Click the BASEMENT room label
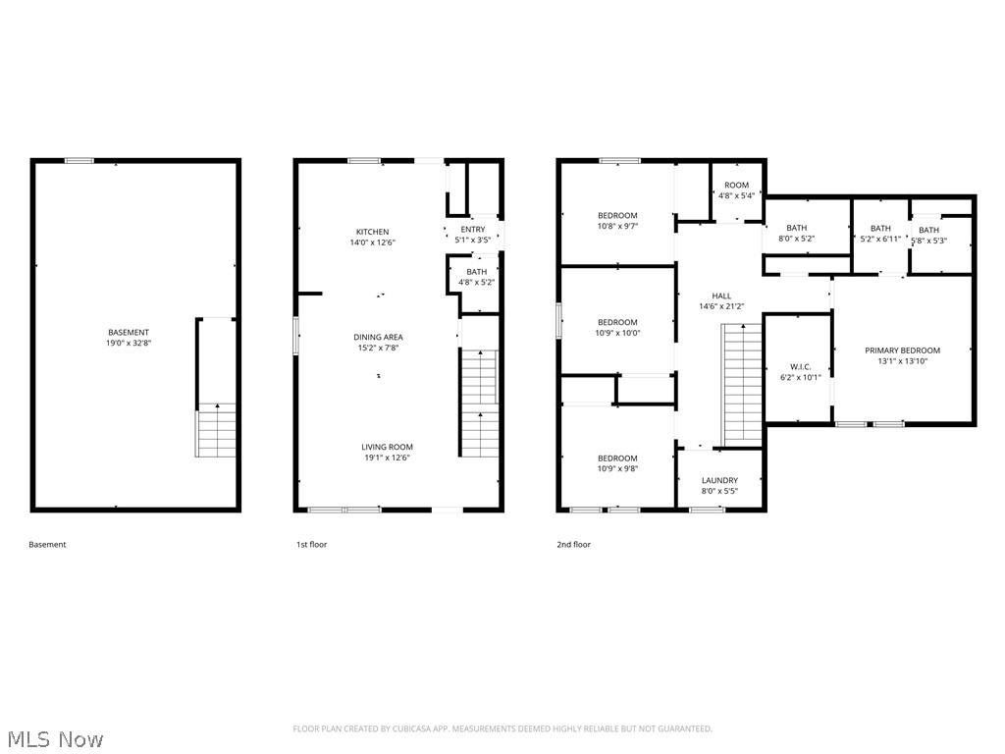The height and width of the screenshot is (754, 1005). pyautogui.click(x=129, y=332)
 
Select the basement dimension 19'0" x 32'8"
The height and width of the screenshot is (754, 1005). pyautogui.click(x=129, y=344)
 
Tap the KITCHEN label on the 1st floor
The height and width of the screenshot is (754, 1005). pyautogui.click(x=372, y=232)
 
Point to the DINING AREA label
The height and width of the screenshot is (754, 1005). pyautogui.click(x=378, y=337)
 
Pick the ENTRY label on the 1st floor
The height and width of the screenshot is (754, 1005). pyautogui.click(x=472, y=230)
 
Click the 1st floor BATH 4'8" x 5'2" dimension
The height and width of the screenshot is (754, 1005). pyautogui.click(x=476, y=282)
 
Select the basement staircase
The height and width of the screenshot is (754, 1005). pyautogui.click(x=216, y=433)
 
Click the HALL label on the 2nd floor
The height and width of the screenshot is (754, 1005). pyautogui.click(x=721, y=296)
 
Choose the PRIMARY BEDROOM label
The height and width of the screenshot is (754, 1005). pyautogui.click(x=902, y=350)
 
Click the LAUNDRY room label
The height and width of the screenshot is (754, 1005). pyautogui.click(x=719, y=480)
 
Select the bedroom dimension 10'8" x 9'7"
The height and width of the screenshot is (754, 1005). pyautogui.click(x=617, y=227)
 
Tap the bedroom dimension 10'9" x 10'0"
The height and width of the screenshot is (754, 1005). pyautogui.click(x=617, y=333)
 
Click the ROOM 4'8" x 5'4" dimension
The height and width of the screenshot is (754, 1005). pyautogui.click(x=736, y=195)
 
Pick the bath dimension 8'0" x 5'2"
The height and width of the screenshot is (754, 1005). pyautogui.click(x=796, y=239)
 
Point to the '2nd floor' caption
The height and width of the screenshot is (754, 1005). pyautogui.click(x=573, y=545)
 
